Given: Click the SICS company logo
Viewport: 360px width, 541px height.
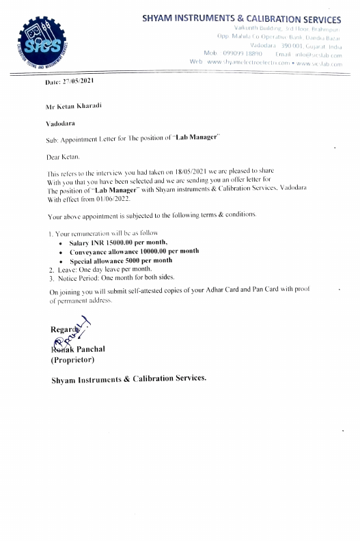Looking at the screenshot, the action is (x=38, y=42).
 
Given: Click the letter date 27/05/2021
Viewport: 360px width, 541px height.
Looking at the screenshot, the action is (x=79, y=81).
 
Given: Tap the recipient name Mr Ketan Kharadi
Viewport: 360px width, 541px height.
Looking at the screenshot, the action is (x=74, y=108).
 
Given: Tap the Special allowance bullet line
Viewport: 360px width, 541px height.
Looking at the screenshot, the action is (x=121, y=260).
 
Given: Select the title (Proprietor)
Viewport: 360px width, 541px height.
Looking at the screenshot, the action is (x=73, y=359).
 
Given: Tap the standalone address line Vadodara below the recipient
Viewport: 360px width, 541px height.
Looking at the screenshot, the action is (x=60, y=124).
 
